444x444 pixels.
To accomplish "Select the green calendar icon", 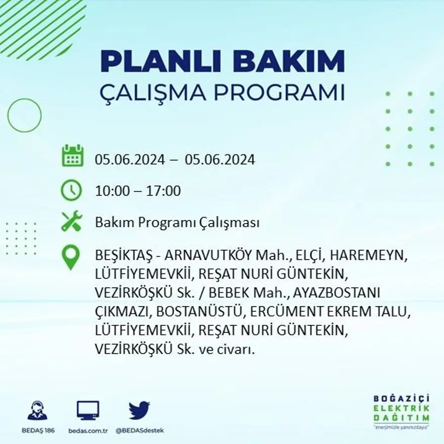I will [x=72, y=156].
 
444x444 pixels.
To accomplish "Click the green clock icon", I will [x=71, y=190].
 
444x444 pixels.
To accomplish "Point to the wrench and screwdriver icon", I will [x=71, y=221].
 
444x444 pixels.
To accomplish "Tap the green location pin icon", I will [x=71, y=256].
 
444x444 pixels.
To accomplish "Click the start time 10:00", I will [x=111, y=191].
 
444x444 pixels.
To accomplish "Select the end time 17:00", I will [x=163, y=191].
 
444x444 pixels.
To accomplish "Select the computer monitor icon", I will [x=88, y=410].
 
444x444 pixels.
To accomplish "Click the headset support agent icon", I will [x=37, y=410].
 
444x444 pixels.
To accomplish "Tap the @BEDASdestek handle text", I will [x=139, y=430].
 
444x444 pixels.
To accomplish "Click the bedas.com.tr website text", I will [x=88, y=430].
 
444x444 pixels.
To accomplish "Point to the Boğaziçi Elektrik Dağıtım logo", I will [x=402, y=410].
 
